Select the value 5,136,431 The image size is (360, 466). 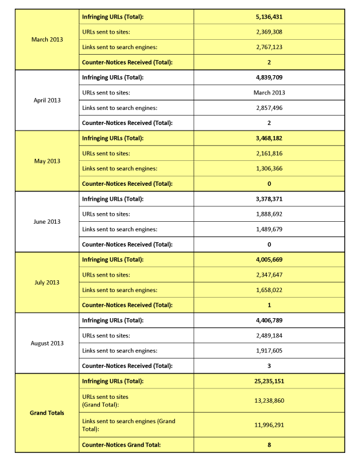(x=269, y=17)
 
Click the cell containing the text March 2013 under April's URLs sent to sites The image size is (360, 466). (x=269, y=93)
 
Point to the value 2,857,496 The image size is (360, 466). (x=269, y=107)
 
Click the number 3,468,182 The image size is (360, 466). (x=269, y=138)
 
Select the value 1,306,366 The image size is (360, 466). (x=269, y=168)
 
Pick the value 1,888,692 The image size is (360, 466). (x=269, y=214)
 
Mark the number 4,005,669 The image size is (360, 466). (x=269, y=260)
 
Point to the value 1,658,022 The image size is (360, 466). (x=269, y=290)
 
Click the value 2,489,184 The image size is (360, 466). (x=269, y=336)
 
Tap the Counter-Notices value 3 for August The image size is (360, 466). (x=269, y=366)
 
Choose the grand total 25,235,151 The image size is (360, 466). (x=269, y=381)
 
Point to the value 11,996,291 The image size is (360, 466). (x=269, y=424)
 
